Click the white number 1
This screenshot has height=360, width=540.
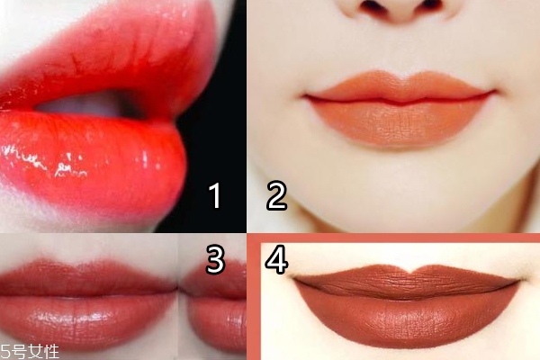[x=215, y=195]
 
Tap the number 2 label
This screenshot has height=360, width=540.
[x=276, y=195]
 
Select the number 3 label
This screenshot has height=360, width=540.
[x=215, y=259]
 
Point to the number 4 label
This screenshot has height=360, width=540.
[x=276, y=259]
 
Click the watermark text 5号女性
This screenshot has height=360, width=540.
[x=30, y=352]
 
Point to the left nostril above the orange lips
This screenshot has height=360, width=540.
[x=370, y=5]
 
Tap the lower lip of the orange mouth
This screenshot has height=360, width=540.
[x=400, y=122]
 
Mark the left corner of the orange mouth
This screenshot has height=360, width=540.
[x=304, y=96]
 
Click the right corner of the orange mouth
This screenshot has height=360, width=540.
[x=497, y=91]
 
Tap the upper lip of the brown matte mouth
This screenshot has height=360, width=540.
[x=407, y=280]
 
